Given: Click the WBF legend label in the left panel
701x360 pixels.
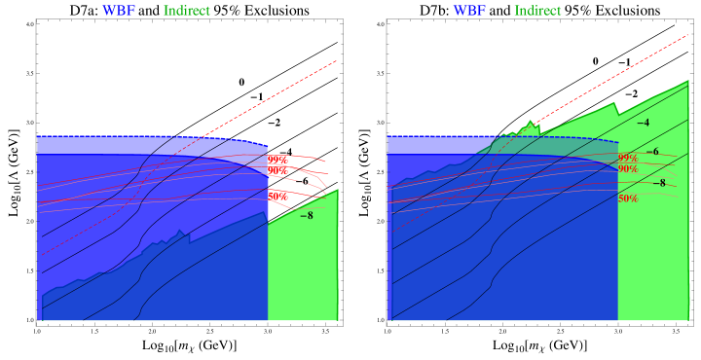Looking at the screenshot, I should pos(119,11).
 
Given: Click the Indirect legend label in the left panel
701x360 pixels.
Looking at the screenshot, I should pos(186,11).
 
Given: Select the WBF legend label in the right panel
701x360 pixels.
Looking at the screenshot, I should pos(469,11).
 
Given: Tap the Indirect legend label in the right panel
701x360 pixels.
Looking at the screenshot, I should pos(537,11).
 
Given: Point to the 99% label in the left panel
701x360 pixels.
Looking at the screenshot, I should pos(277,160).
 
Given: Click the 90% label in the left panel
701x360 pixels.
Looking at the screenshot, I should pos(277,171).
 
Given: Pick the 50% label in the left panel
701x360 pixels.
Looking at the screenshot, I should pos(277,197).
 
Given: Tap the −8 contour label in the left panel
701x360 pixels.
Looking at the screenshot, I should pos(307,215).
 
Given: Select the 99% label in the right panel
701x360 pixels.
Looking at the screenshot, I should pos(628,158).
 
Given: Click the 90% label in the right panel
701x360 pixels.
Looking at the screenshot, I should pos(628,169).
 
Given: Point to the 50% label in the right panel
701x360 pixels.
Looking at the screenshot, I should pos(628,198).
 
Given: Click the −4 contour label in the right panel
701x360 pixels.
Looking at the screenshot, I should pos(643,123).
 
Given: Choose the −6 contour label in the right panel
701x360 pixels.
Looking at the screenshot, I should pos(652,152).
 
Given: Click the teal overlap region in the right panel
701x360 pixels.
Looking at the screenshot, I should pos(545,145).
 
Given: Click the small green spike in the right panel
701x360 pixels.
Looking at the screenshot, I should pos(530,126).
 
